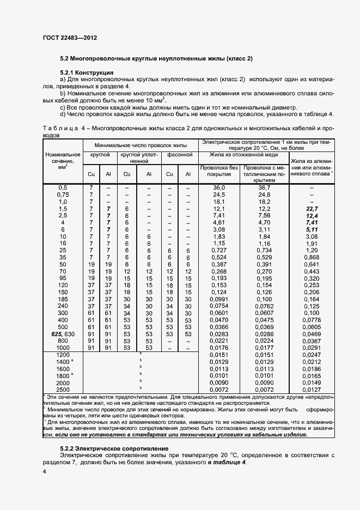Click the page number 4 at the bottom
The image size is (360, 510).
coord(44,470)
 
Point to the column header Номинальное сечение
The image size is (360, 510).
coord(63,160)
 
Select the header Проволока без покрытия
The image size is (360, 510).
coord(219,171)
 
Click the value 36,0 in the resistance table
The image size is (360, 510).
coord(219,187)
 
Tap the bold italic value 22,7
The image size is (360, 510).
coord(312,209)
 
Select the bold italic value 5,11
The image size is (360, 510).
coord(312,230)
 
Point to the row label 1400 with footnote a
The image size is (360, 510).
coord(63,362)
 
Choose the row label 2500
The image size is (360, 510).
coord(63,390)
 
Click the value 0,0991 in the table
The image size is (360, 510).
coord(219,299)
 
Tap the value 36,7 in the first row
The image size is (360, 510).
coord(265,187)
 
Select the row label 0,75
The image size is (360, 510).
coord(63,195)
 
